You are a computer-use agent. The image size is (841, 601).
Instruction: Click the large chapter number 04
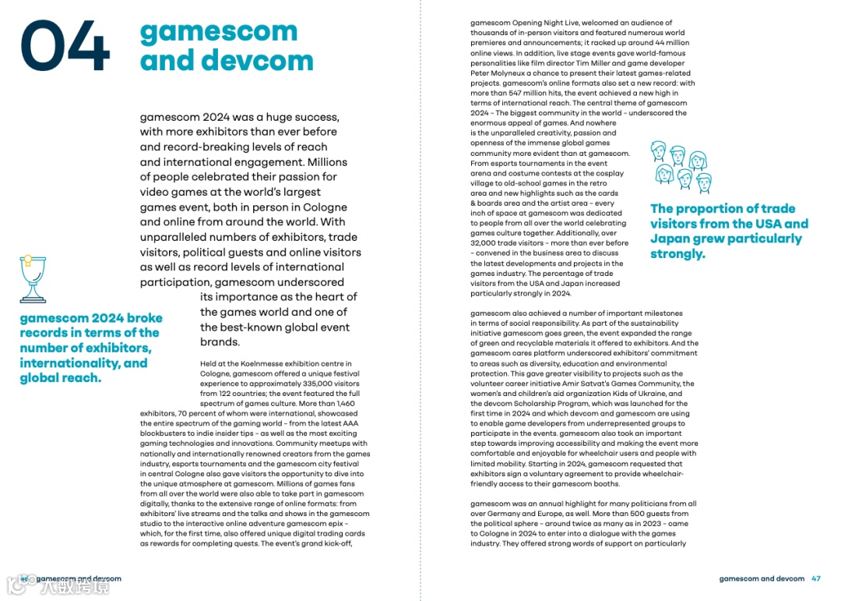(x=65, y=46)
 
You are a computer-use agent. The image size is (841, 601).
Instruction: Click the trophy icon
(x=32, y=278)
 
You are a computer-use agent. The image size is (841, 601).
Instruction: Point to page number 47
(x=816, y=579)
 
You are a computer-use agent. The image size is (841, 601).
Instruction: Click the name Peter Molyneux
(x=498, y=73)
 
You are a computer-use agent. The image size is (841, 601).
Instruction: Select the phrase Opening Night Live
(x=545, y=23)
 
